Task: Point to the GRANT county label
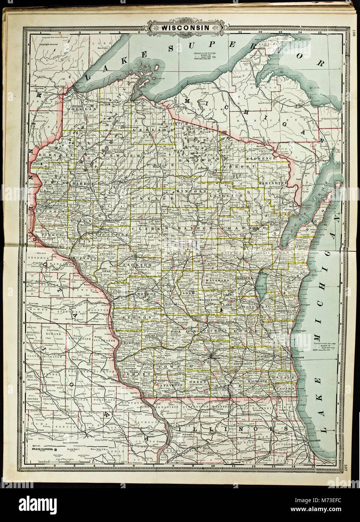[133, 374]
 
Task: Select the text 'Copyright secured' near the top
[50, 44]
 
